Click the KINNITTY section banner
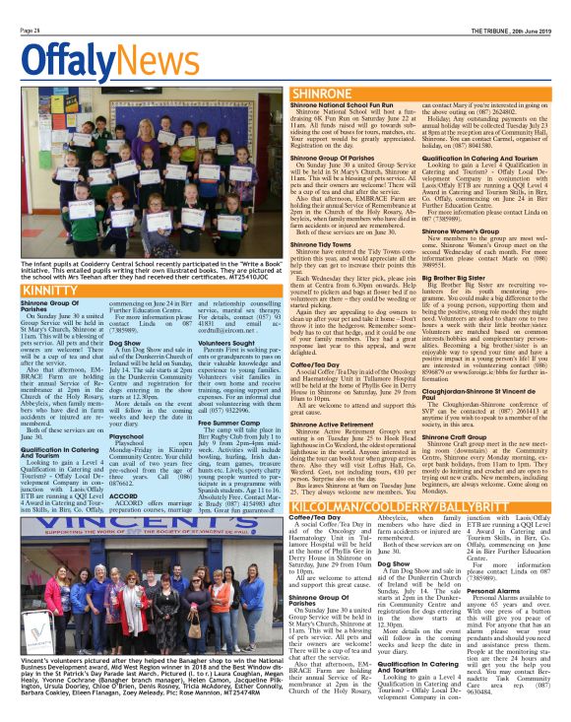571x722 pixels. pos(41,292)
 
